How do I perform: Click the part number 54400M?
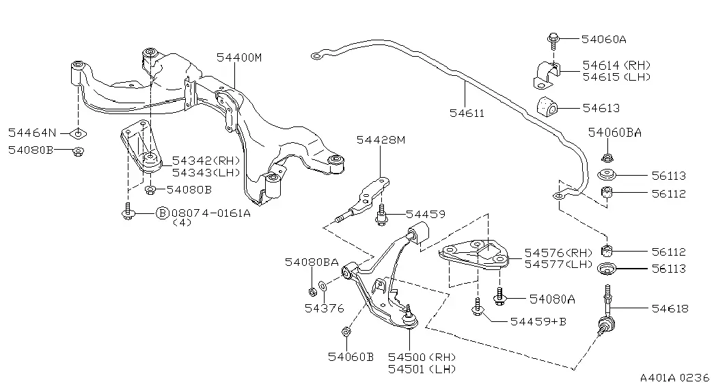[239, 58]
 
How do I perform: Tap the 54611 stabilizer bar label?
[467, 113]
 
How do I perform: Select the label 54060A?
[604, 40]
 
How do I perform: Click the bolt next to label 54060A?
[553, 41]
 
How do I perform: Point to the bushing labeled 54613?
[547, 107]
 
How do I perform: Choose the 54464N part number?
[32, 133]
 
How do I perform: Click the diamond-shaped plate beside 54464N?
[79, 133]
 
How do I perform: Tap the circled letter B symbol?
[163, 213]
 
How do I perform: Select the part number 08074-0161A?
[211, 213]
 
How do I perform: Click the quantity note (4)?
[182, 223]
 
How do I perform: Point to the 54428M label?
[381, 140]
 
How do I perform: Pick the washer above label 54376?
[322, 286]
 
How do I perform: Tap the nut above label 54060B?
[346, 332]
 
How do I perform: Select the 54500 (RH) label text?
[422, 358]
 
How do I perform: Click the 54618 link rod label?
[670, 308]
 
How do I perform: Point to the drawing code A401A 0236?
[675, 378]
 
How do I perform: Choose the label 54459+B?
[538, 322]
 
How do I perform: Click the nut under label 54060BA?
[606, 158]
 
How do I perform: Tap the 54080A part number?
[552, 299]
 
